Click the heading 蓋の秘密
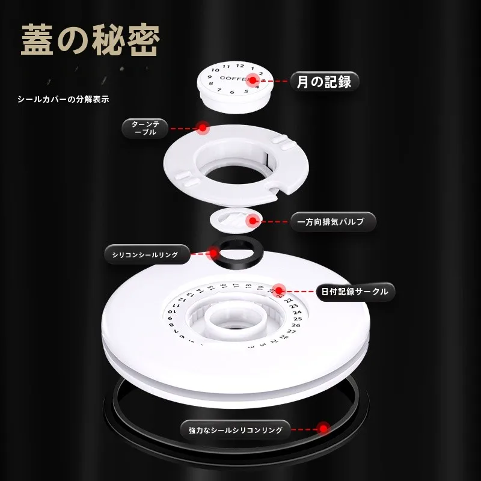click(x=90, y=40)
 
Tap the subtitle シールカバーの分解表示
click(x=63, y=99)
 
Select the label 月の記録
click(x=324, y=82)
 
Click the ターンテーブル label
click(x=145, y=128)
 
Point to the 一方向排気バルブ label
click(x=330, y=221)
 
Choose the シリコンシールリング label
click(x=145, y=254)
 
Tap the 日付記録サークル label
click(x=355, y=292)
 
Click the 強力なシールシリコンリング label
click(x=235, y=430)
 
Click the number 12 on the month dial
click(x=240, y=66)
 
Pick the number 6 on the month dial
click(x=232, y=92)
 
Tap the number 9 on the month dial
click(x=210, y=77)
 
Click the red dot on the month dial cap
click(x=253, y=81)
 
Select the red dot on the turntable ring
click(x=203, y=127)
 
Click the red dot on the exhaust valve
click(x=253, y=221)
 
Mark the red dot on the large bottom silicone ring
click(x=323, y=429)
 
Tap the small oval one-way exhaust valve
click(x=233, y=220)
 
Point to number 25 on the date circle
click(x=298, y=319)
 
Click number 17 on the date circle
click(x=236, y=285)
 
